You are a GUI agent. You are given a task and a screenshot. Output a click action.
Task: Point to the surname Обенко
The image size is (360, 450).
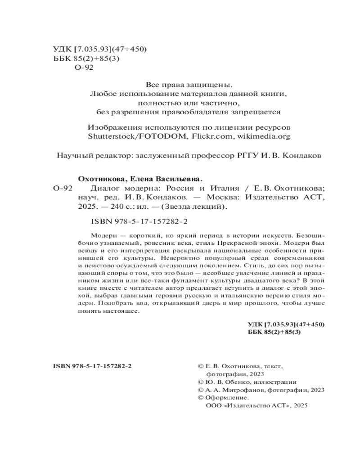234,382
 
